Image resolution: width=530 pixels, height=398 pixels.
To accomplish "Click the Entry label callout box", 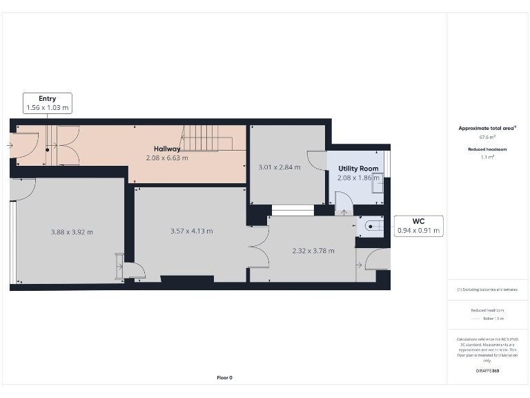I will pos(47,103).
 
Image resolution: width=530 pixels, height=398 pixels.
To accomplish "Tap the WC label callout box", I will pos(418,225).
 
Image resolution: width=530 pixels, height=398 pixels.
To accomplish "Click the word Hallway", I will pos(167,149).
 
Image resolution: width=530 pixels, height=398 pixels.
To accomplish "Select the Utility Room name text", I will pos(357,169).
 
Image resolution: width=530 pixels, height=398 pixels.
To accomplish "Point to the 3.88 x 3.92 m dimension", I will pos(72,232).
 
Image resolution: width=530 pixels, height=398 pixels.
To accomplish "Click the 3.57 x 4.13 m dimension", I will pos(191,231).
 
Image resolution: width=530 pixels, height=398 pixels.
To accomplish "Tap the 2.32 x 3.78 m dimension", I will pos(313,251).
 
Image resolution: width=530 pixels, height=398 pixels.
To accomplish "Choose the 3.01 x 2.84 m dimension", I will pos(279,167).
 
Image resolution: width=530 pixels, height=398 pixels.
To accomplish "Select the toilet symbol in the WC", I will pos(372,225).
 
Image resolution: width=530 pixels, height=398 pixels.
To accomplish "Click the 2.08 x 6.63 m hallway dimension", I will pos(167,158).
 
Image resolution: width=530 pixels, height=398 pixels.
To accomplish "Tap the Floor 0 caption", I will pos(224,378).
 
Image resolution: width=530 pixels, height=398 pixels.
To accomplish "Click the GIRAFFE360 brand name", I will pos(487,371).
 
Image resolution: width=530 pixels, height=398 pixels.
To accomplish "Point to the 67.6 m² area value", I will pos(487,137).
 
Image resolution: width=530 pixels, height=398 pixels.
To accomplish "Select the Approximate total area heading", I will pos(487,128).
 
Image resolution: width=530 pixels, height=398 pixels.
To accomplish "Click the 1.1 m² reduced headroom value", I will pos(487,157).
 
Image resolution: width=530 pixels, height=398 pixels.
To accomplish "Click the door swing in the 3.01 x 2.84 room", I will pos(317,161).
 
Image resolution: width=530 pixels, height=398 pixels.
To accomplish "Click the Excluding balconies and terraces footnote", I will pos(487,290).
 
